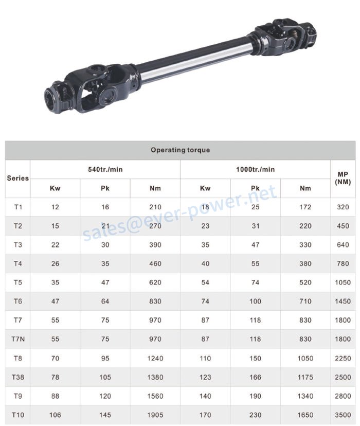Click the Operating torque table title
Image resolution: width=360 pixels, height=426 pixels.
[x=180, y=150]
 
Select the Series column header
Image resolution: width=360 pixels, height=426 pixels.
[x=18, y=179]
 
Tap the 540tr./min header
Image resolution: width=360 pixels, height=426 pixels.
[x=105, y=169]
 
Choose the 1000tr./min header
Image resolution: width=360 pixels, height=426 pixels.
[x=255, y=169]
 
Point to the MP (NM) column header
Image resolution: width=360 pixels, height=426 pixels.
[x=343, y=179]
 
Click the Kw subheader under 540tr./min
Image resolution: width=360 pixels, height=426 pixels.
[x=55, y=188]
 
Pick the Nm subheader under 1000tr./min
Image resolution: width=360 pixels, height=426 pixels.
[x=305, y=188]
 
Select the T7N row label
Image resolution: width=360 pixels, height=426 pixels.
[x=18, y=339]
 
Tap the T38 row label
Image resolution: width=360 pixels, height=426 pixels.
[x=18, y=377]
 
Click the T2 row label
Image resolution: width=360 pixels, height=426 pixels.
[x=18, y=226]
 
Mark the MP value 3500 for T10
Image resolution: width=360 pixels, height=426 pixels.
[x=343, y=415]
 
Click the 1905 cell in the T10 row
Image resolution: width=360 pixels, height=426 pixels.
[x=155, y=415]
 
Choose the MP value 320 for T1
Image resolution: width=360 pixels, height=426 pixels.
[x=343, y=207]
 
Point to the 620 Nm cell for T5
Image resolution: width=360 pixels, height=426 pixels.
[x=155, y=282]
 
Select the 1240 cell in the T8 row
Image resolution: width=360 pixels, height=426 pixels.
[x=155, y=358]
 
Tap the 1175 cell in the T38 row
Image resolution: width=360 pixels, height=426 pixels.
[x=305, y=377]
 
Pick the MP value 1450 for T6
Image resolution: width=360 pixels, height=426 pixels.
[x=343, y=301]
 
